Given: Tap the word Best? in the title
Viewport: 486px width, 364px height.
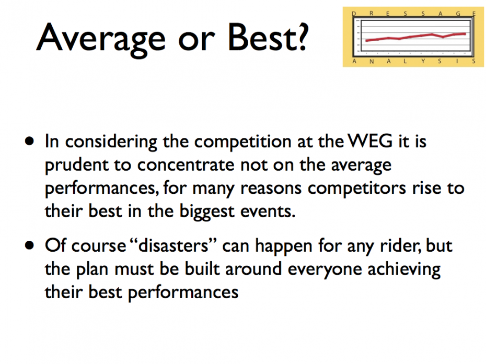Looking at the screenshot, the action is pyautogui.click(x=268, y=37).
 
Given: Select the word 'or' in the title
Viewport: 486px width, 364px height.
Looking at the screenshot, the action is pyautogui.click(x=196, y=41).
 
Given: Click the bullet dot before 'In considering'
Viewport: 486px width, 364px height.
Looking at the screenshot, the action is pyautogui.click(x=29, y=142).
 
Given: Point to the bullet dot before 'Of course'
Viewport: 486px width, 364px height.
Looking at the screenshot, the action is pyautogui.click(x=29, y=245).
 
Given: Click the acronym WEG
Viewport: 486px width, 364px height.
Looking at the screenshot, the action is pyautogui.click(x=370, y=141).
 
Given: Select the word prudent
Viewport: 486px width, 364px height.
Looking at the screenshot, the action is pyautogui.click(x=76, y=166).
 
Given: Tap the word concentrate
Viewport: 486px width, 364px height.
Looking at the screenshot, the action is pyautogui.click(x=186, y=165).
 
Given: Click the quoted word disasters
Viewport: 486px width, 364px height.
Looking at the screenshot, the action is pyautogui.click(x=173, y=246).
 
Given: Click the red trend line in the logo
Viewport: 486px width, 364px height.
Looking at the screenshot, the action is pyautogui.click(x=415, y=37).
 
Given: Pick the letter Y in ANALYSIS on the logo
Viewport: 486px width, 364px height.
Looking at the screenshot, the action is pyautogui.click(x=423, y=61).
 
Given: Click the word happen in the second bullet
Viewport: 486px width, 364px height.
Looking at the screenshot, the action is pyautogui.click(x=284, y=247).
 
